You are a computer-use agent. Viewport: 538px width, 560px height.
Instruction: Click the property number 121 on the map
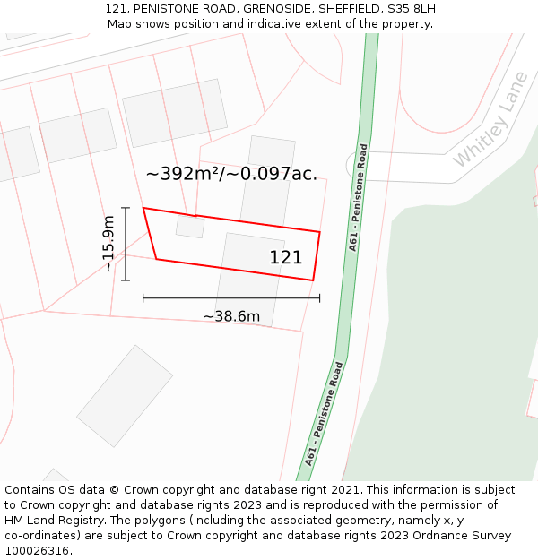pyautogui.click(x=286, y=258)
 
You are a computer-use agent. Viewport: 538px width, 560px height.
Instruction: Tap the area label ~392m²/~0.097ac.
pyautogui.click(x=231, y=174)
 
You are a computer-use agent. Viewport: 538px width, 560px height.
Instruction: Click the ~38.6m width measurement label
pyautogui.click(x=231, y=316)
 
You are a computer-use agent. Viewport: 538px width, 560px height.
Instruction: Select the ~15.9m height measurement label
pyautogui.click(x=108, y=244)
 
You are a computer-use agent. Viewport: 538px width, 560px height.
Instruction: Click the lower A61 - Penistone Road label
pyautogui.click(x=324, y=413)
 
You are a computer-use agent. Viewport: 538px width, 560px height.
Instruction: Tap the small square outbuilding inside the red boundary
pyautogui.click(x=190, y=226)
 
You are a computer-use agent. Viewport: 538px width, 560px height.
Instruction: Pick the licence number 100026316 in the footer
pyautogui.click(x=39, y=550)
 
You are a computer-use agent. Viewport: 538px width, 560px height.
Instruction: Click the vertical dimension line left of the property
pyautogui.click(x=126, y=244)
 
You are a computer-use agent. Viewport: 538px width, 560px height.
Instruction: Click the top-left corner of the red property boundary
pyautogui.click(x=143, y=208)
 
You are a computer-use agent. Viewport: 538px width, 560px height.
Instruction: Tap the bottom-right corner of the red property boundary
pyautogui.click(x=313, y=280)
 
